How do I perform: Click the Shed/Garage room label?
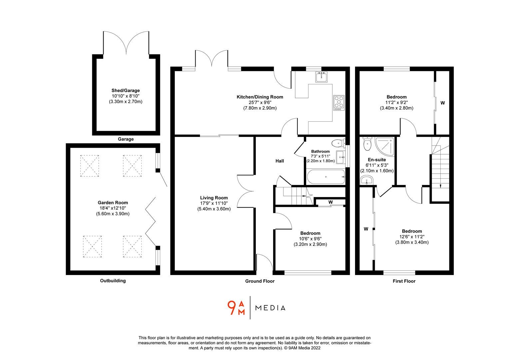[x=126, y=90]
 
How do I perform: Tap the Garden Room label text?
[x=113, y=202]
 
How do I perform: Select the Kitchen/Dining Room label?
[x=260, y=97]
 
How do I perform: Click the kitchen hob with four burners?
[x=338, y=103]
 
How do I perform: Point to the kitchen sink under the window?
[x=322, y=77]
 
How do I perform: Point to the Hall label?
[x=279, y=161]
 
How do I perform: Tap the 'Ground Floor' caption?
[x=260, y=281]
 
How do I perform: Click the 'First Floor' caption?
[x=404, y=281]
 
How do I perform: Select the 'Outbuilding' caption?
[x=113, y=281]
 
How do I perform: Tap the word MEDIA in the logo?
[x=270, y=308]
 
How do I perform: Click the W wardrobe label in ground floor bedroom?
[x=330, y=202]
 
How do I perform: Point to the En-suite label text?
[x=376, y=160]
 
